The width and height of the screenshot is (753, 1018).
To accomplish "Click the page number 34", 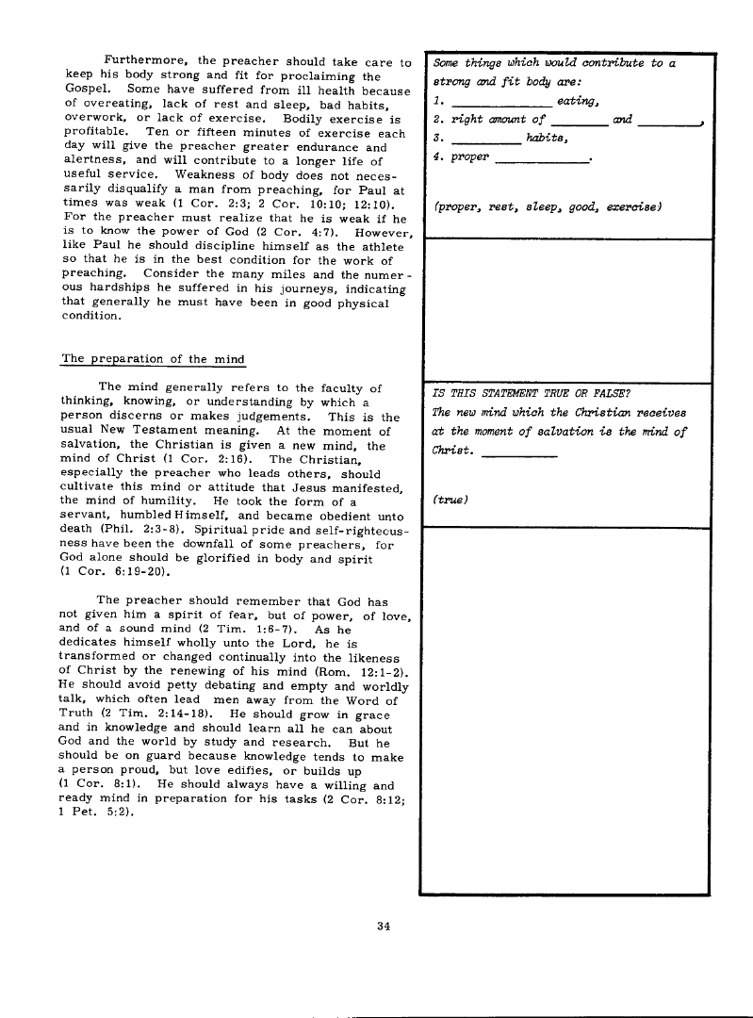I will (383, 925).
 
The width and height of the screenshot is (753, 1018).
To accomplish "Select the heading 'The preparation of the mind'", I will (153, 359).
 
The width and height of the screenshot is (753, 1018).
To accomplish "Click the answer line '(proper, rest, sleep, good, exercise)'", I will (547, 206).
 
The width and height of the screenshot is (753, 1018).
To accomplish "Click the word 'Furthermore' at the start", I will (141, 63).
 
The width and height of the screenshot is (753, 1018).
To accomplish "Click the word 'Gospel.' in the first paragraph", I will (88, 91).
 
